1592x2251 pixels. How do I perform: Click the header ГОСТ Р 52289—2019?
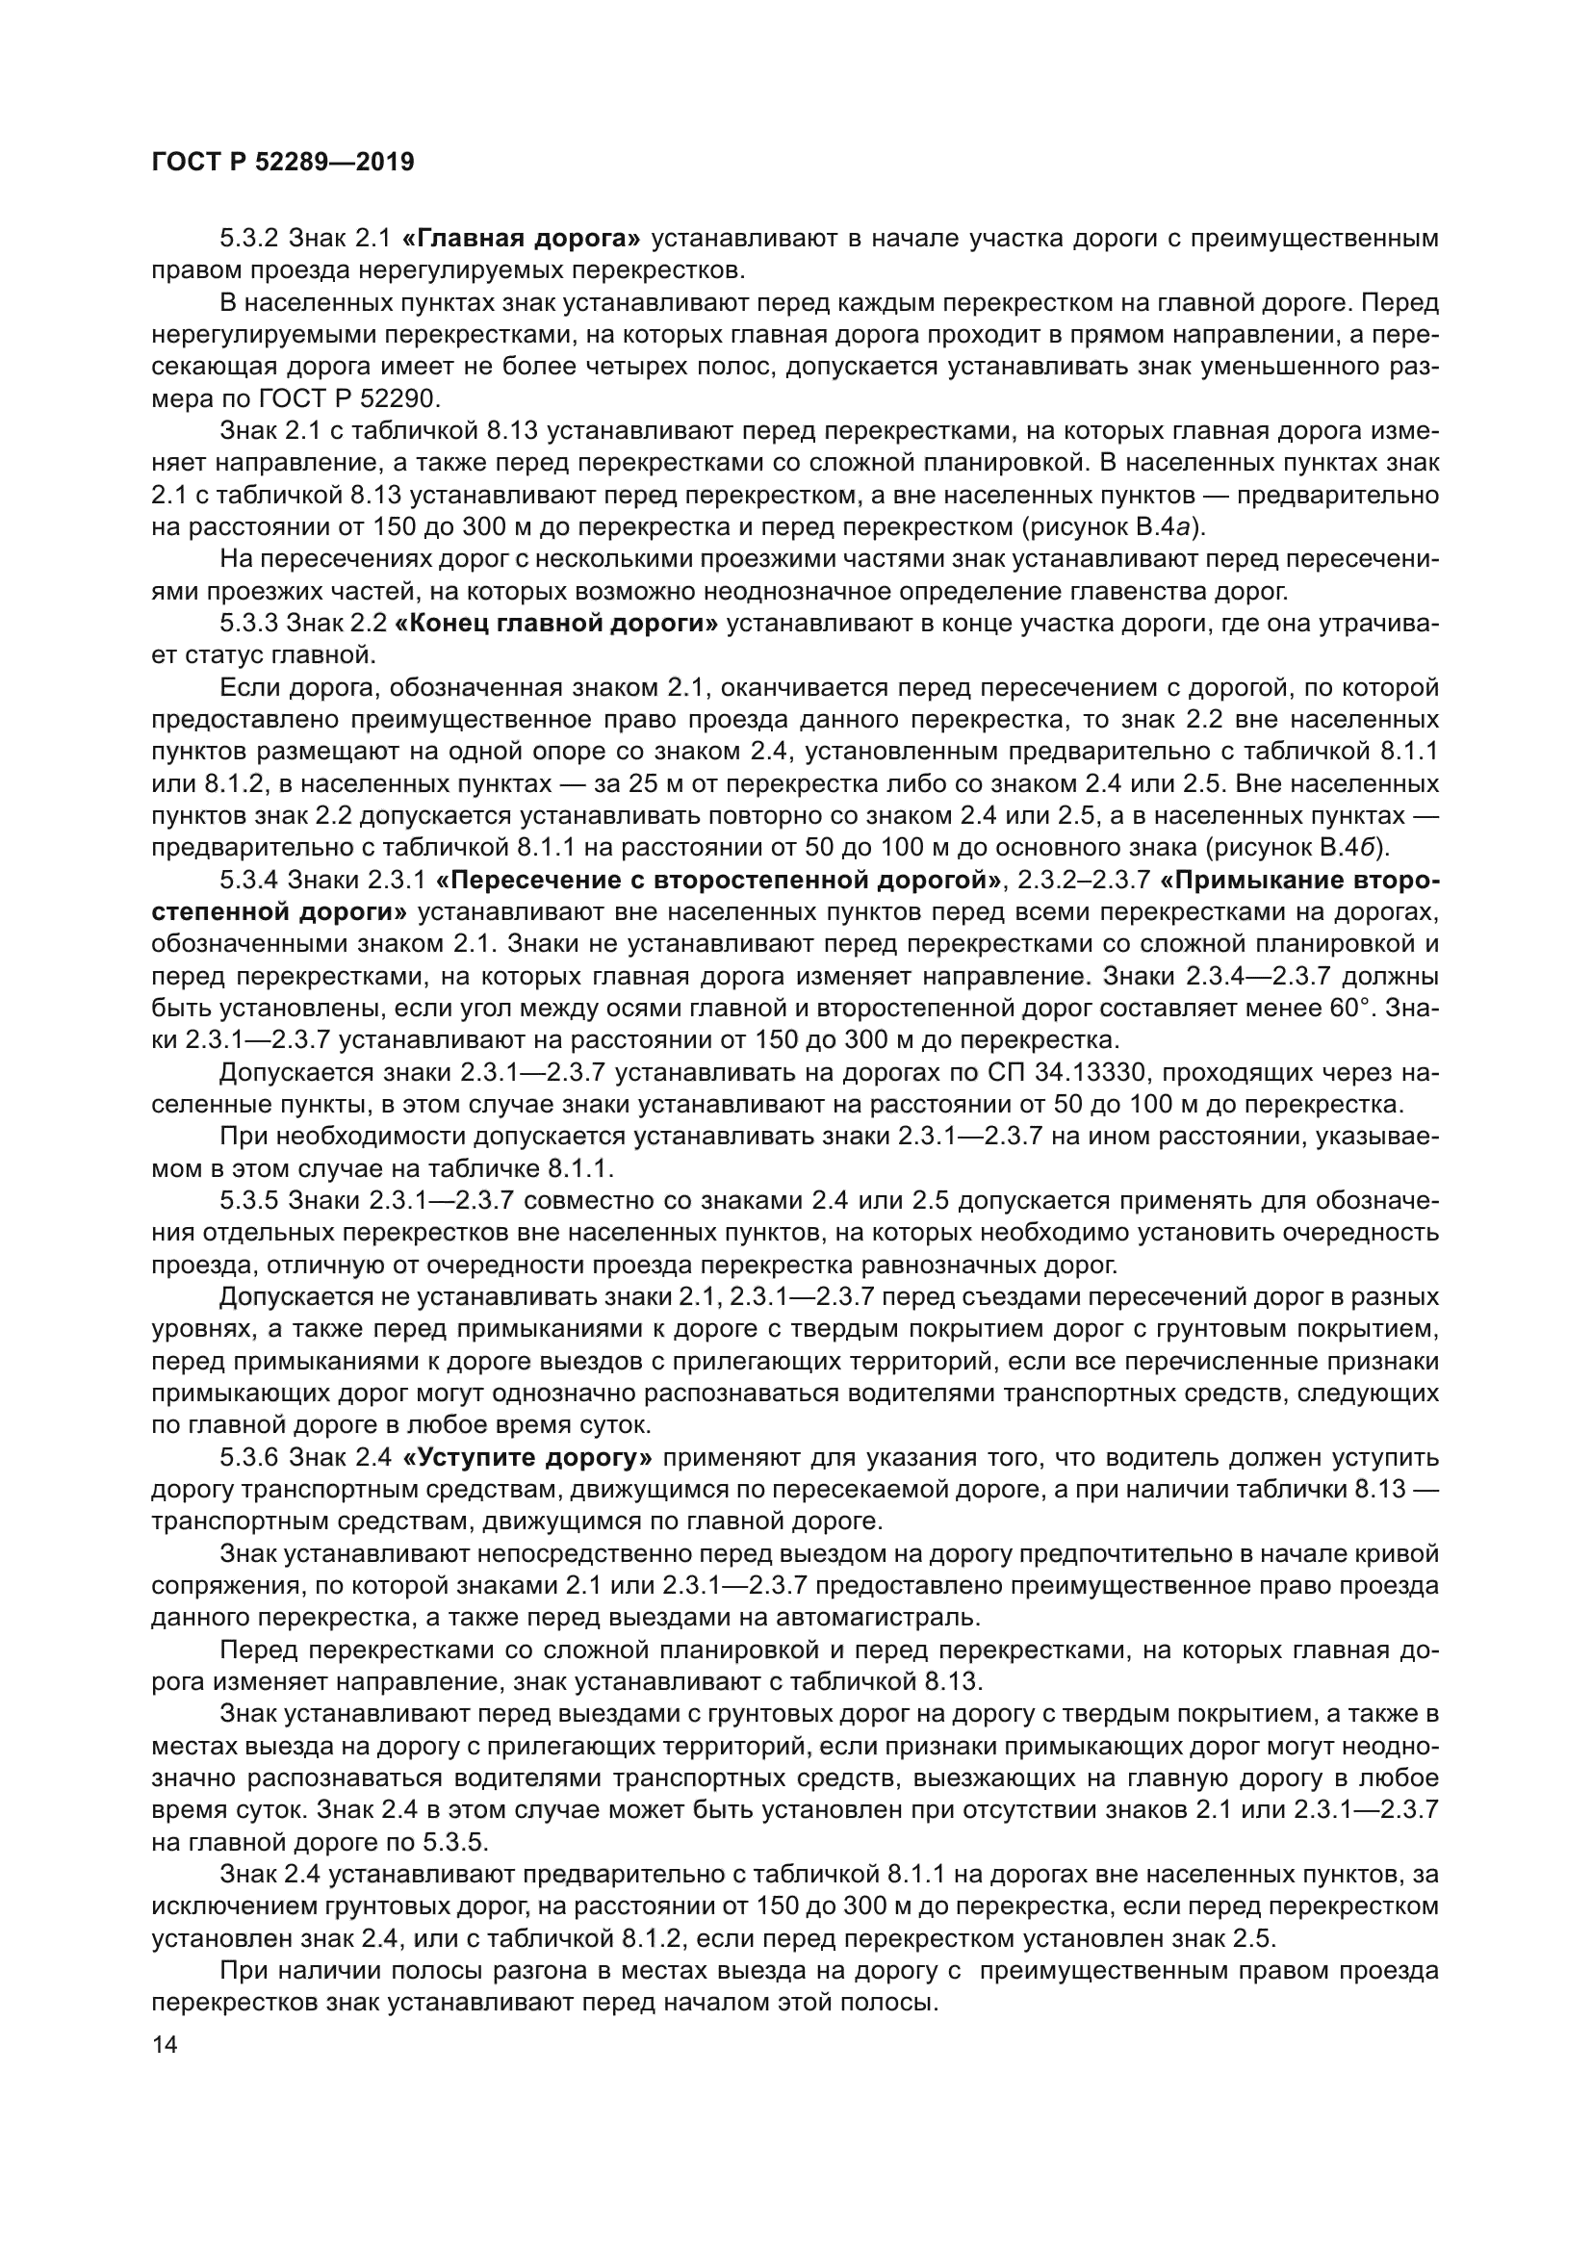283,162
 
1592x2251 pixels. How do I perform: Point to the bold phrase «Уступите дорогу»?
527,1458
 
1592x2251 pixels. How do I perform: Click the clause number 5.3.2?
250,239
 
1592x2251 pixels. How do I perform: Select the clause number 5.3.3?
250,624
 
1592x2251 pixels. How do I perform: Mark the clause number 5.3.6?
250,1458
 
